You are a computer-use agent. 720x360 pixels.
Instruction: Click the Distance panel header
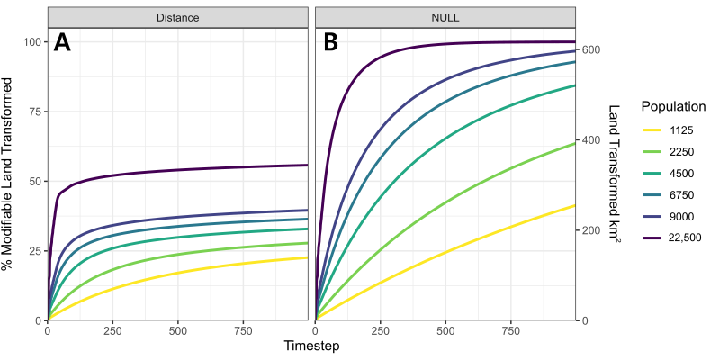(x=177, y=17)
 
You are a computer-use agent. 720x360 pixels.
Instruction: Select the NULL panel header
(x=445, y=17)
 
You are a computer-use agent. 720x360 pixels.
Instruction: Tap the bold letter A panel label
(x=62, y=42)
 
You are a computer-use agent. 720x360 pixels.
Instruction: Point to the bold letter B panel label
(x=330, y=42)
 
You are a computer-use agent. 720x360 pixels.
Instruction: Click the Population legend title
(x=670, y=106)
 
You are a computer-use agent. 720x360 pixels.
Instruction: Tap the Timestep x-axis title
(x=310, y=346)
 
